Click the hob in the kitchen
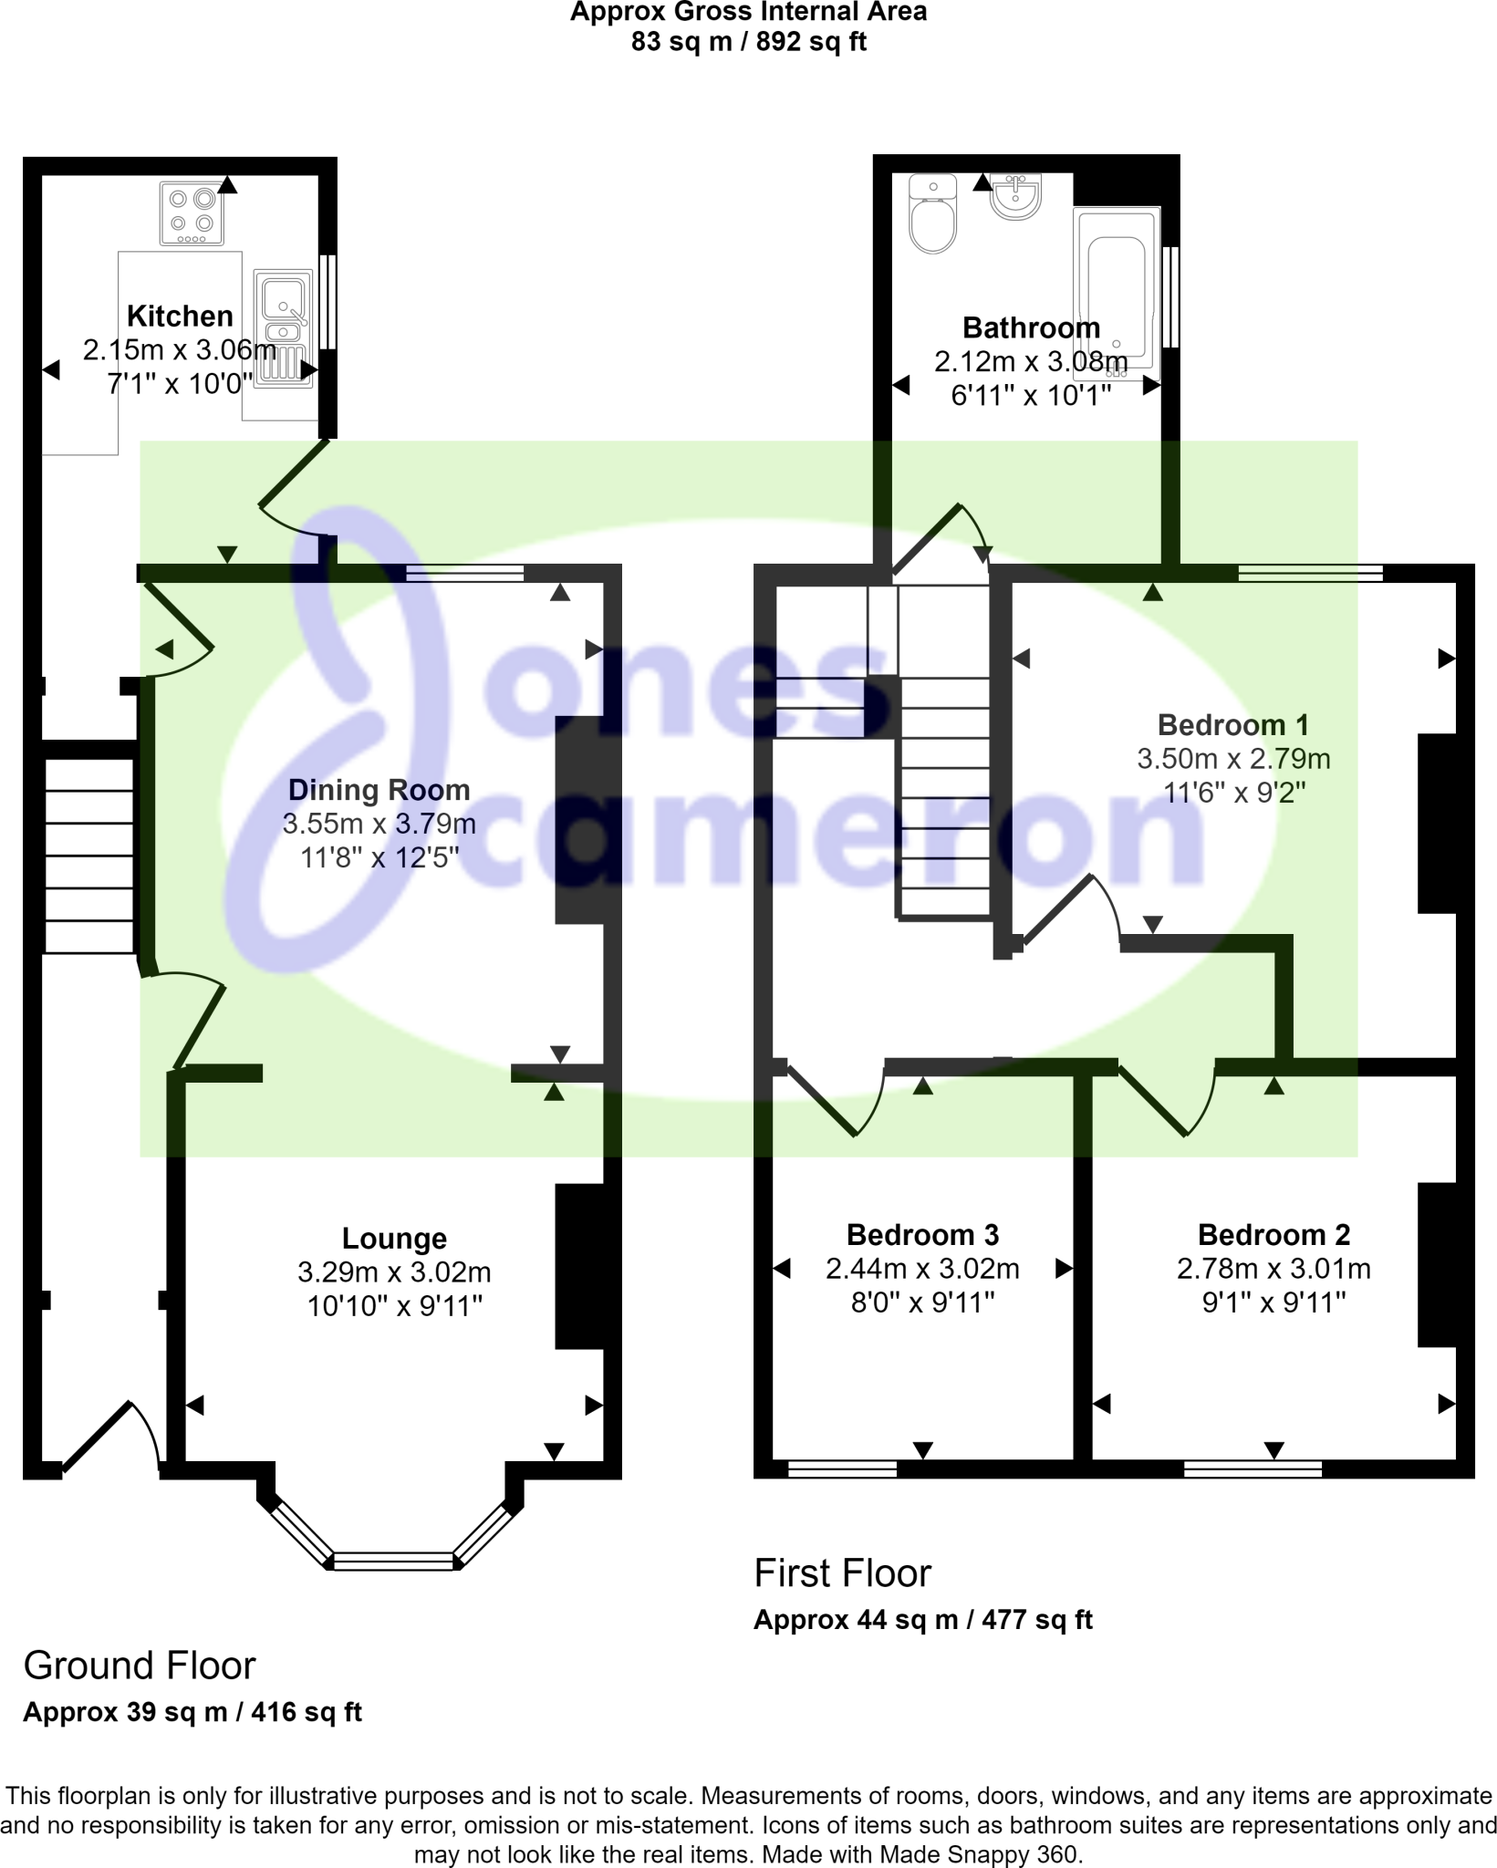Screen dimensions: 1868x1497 (192, 213)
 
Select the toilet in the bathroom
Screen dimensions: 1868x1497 (933, 215)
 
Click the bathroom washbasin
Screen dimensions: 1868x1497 (1015, 197)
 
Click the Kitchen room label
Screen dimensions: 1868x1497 (180, 317)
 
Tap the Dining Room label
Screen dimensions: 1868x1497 (379, 790)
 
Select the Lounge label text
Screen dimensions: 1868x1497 (394, 1239)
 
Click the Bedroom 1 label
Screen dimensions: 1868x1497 (1232, 725)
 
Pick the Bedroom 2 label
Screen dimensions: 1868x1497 (1273, 1235)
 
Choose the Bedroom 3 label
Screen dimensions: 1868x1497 (922, 1235)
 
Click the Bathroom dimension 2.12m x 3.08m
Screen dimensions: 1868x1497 (1031, 362)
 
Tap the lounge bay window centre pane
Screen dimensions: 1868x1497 (393, 1562)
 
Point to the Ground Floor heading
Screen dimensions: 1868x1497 (140, 1666)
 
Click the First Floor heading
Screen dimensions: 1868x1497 (842, 1573)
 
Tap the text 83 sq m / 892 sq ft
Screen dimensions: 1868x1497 (748, 42)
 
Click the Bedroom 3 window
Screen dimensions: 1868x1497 (842, 1468)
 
